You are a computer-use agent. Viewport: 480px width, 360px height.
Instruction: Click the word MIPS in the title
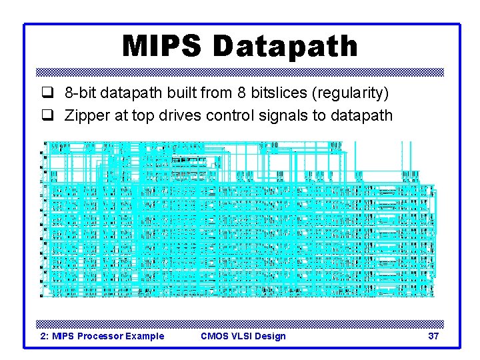coord(163,47)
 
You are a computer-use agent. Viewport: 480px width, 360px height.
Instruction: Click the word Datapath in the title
coord(285,47)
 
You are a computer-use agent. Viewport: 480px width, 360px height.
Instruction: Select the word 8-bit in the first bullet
coord(80,91)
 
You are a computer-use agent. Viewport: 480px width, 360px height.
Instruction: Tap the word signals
coord(284,115)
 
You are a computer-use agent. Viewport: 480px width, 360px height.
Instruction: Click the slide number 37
coord(433,336)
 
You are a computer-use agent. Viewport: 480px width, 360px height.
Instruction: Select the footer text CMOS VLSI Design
coord(243,336)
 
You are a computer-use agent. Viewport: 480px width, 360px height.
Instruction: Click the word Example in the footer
coord(144,336)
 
